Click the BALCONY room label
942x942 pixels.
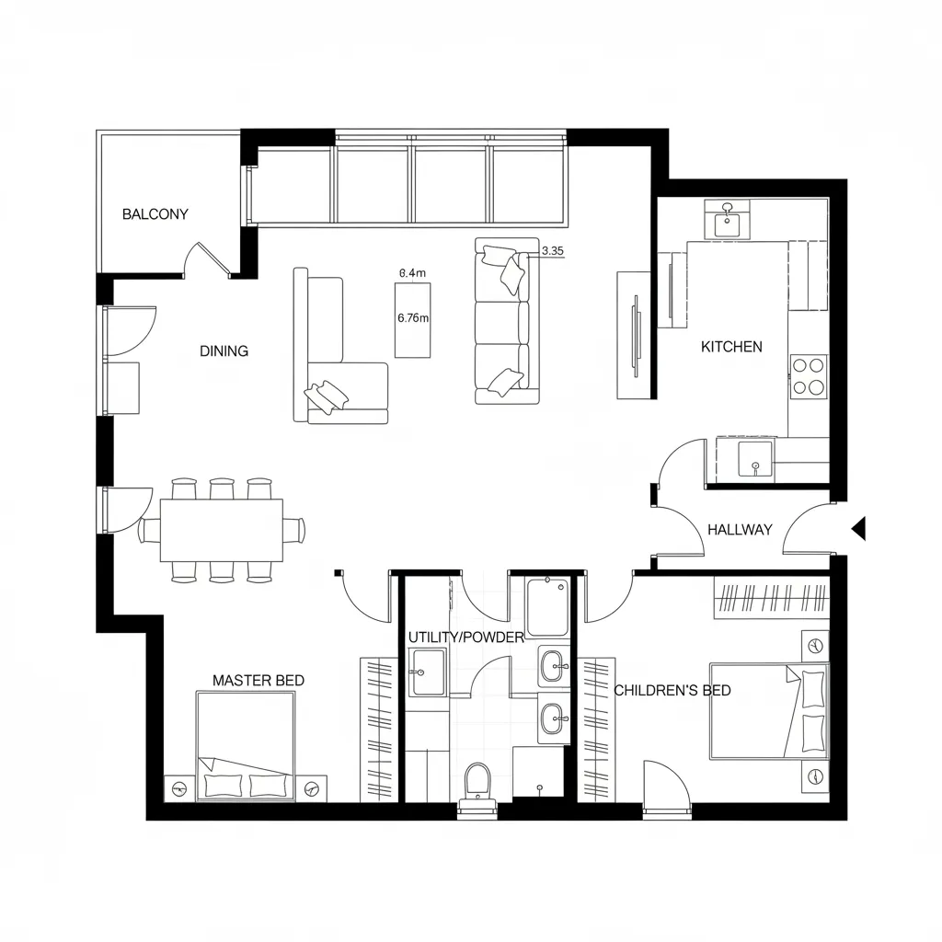click(x=155, y=214)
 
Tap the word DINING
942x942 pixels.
click(x=224, y=351)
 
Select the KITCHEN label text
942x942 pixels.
click(x=731, y=347)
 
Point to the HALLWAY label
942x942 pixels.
click(x=740, y=529)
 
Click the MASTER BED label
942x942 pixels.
click(x=258, y=681)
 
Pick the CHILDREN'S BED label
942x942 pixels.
click(x=672, y=690)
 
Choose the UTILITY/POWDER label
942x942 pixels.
click(x=465, y=638)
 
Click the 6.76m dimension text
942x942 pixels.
click(x=413, y=318)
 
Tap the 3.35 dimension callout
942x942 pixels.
click(x=553, y=250)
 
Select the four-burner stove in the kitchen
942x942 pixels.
click(x=809, y=375)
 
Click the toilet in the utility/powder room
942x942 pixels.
click(x=478, y=785)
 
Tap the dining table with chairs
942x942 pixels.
click(x=222, y=530)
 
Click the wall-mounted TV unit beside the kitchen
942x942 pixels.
click(x=634, y=335)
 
